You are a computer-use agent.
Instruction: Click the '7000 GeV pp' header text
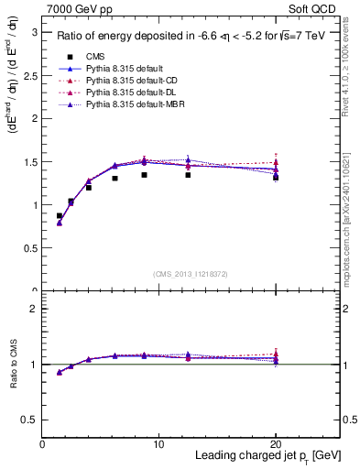pyautogui.click(x=75, y=8)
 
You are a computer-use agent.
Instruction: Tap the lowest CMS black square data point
pyautogui.click(x=60, y=216)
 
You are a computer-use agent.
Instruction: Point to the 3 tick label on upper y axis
pyautogui.click(x=35, y=32)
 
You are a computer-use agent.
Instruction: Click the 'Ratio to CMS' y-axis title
pyautogui.click(x=13, y=365)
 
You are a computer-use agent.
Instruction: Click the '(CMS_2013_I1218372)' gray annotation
pyautogui.click(x=191, y=275)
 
